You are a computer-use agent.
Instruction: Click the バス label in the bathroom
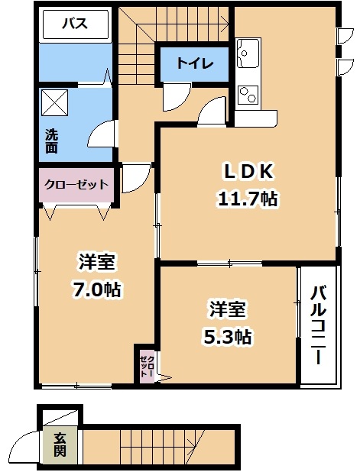pos(75,24)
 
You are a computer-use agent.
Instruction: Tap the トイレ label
pos(195,63)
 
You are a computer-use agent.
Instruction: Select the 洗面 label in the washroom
pos(51,141)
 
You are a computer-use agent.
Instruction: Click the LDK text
pos(248,172)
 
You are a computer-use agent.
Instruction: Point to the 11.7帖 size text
pos(248,199)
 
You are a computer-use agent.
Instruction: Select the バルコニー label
pos(318,325)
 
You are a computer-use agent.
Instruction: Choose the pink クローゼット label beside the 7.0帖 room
pos(76,184)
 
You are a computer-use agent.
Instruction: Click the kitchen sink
pos(248,53)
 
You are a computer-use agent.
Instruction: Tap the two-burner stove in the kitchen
pos(248,94)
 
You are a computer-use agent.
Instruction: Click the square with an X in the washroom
pos(54,102)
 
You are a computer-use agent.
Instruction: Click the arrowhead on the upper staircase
pos(225,21)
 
